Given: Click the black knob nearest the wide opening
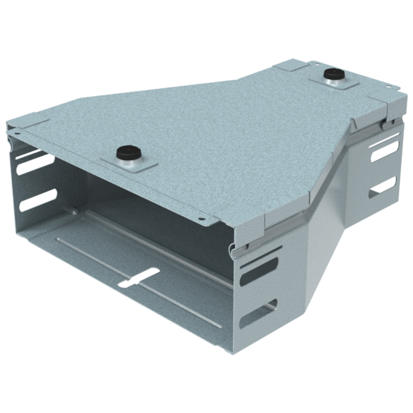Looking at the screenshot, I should click(126, 153).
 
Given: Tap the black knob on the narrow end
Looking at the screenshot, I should click(333, 74).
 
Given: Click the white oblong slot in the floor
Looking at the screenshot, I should click(138, 277).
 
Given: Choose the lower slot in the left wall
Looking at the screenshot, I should click(38, 200).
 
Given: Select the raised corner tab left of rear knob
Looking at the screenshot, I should click(290, 66).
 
